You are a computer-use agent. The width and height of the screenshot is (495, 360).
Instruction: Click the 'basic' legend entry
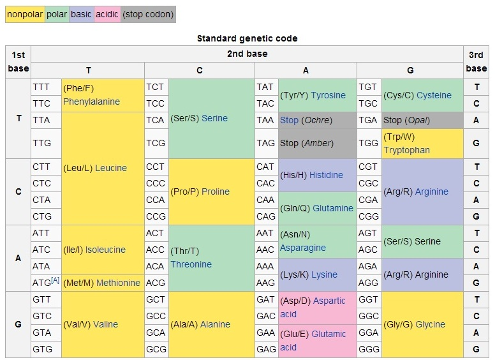(x=81, y=14)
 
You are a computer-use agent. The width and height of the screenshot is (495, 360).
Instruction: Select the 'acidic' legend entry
(x=107, y=14)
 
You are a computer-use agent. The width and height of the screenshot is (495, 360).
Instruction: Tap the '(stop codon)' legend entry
(x=147, y=14)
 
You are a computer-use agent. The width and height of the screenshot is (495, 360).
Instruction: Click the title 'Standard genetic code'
(x=247, y=38)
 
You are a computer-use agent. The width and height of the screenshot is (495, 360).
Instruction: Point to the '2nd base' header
(x=247, y=54)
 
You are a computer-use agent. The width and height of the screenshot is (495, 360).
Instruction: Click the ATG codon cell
(x=45, y=282)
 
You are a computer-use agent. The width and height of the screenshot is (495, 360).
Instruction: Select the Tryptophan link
(x=406, y=150)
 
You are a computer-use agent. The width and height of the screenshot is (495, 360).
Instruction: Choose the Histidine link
(x=326, y=175)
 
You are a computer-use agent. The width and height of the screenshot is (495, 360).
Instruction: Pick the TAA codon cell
(x=265, y=120)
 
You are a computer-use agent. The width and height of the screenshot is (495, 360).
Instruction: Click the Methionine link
(x=118, y=283)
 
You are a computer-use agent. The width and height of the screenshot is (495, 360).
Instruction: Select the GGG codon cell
(x=368, y=349)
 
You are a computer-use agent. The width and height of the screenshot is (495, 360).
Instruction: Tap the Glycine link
(x=430, y=324)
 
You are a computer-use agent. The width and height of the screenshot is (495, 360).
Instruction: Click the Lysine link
(x=324, y=274)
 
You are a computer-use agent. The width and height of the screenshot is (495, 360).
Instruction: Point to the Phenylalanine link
(x=91, y=101)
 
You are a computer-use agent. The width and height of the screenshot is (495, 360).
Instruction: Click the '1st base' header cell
(x=18, y=62)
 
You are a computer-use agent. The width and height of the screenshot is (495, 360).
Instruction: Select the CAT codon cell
(x=265, y=167)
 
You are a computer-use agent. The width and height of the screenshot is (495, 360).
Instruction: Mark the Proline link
(x=216, y=191)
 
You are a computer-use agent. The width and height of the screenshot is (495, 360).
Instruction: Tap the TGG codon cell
(x=368, y=143)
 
